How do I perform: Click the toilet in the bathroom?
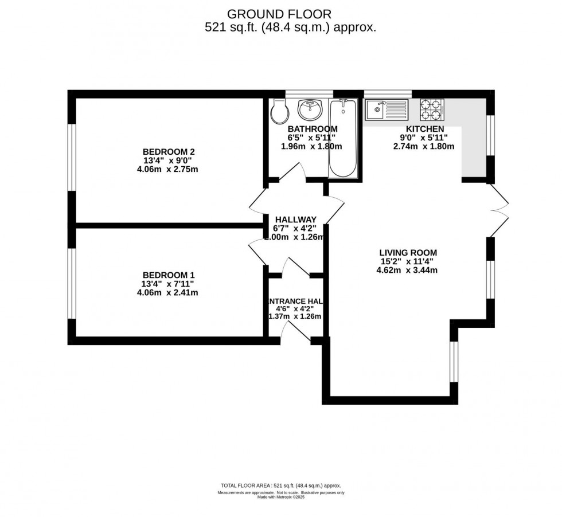pyautogui.click(x=279, y=112)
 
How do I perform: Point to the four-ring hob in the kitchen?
pyautogui.click(x=433, y=108)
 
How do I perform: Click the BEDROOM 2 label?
pyautogui.click(x=169, y=151)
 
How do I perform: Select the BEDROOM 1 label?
pyautogui.click(x=169, y=275)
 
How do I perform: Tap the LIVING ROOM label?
pyautogui.click(x=408, y=252)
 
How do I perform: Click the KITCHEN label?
pyautogui.click(x=424, y=129)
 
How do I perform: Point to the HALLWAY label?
pyautogui.click(x=295, y=220)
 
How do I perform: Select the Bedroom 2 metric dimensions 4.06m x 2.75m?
pyautogui.click(x=169, y=169)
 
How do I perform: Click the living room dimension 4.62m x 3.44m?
pyautogui.click(x=408, y=270)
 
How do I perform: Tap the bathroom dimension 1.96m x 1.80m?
pyautogui.click(x=311, y=146)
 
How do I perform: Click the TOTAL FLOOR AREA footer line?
pyautogui.click(x=280, y=484)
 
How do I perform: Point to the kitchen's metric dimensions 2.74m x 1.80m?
pyautogui.click(x=424, y=146)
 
